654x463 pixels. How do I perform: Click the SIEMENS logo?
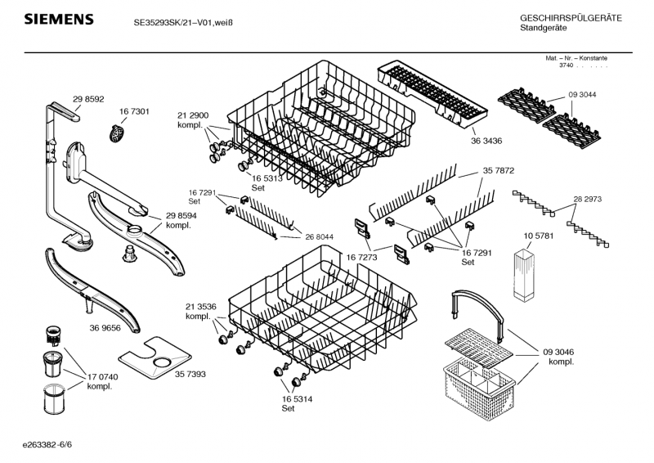pyautogui.click(x=59, y=19)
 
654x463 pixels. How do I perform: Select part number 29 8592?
pyautogui.click(x=88, y=99)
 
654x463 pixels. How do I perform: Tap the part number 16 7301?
pyautogui.click(x=134, y=111)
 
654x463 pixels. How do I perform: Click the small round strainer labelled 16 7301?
pyautogui.click(x=117, y=133)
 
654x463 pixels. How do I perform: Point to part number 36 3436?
pyautogui.click(x=486, y=142)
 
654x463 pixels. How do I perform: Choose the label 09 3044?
pyautogui.click(x=582, y=95)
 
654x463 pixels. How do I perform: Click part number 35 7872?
pyautogui.click(x=499, y=171)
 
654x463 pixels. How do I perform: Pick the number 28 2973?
pyautogui.click(x=587, y=200)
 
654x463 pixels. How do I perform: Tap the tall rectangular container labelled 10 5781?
pyautogui.click(x=524, y=275)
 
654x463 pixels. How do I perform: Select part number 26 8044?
pyautogui.click(x=319, y=237)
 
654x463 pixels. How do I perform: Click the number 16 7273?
pyautogui.click(x=361, y=258)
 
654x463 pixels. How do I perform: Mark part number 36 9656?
pyautogui.click(x=105, y=328)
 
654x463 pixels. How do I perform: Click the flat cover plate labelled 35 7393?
pyautogui.click(x=155, y=358)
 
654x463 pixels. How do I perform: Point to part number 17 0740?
pyautogui.click(x=103, y=377)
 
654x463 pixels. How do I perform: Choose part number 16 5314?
pyautogui.click(x=297, y=399)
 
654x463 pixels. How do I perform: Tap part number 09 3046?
pyautogui.click(x=558, y=353)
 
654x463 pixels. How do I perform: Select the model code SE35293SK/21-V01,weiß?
pyautogui.click(x=183, y=23)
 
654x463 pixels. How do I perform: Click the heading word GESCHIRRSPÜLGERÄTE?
pyautogui.click(x=571, y=18)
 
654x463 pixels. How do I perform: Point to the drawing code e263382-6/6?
pyautogui.click(x=47, y=445)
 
